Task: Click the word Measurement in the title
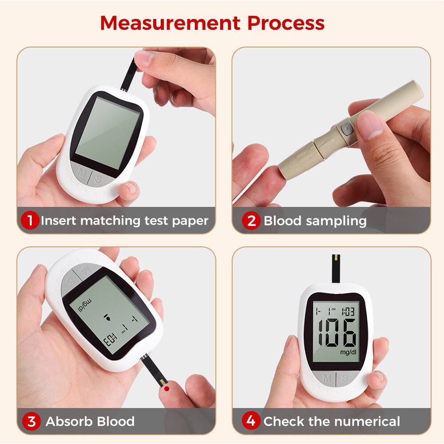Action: click(x=170, y=23)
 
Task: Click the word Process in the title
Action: click(x=286, y=23)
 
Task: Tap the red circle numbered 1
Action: click(x=30, y=221)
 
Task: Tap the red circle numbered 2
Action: click(x=251, y=221)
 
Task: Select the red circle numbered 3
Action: click(x=31, y=421)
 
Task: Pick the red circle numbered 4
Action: click(x=251, y=421)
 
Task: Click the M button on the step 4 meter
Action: click(x=327, y=378)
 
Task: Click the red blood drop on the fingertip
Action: click(x=166, y=388)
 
